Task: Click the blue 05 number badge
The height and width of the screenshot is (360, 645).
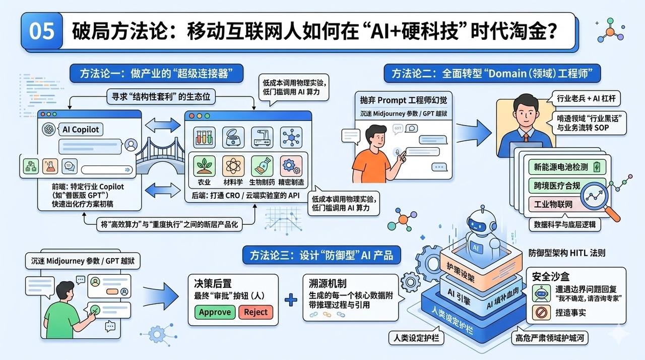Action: [x=42, y=31]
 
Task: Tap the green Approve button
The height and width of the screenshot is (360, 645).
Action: [x=215, y=312]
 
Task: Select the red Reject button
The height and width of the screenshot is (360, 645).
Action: [x=255, y=312]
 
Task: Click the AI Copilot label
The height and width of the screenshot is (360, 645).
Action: [x=81, y=130]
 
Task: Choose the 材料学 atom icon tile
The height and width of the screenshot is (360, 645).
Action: [x=233, y=166]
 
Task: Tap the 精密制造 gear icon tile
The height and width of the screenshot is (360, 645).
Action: [x=291, y=166]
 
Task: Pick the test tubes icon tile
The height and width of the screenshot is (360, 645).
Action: [x=205, y=137]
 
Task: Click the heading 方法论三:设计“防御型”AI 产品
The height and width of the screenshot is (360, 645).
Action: [x=321, y=254]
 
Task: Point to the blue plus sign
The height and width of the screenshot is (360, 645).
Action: [x=291, y=300]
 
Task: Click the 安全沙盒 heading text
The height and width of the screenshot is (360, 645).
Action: [x=551, y=276]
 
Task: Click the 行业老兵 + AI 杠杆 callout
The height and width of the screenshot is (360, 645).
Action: [x=588, y=98]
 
